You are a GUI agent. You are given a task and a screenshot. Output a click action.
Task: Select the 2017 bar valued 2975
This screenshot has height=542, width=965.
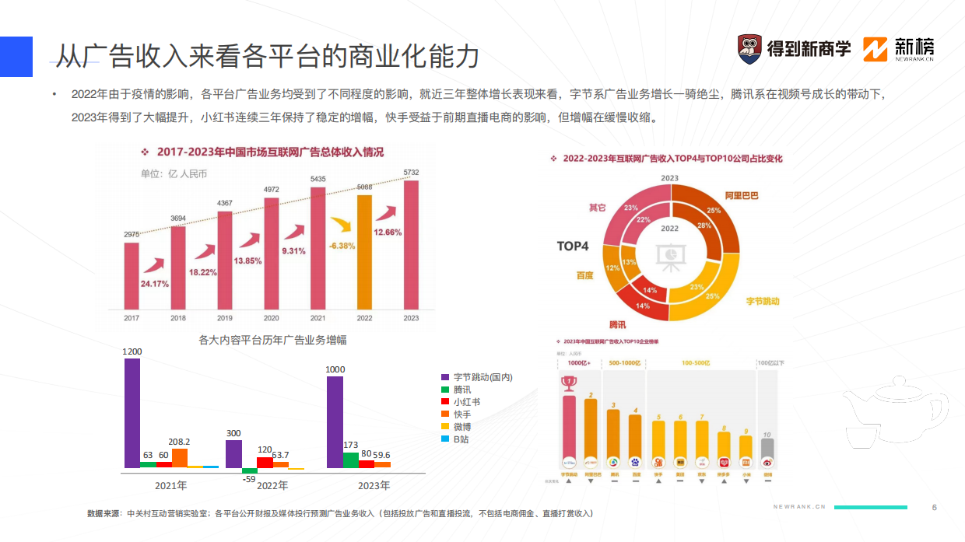tap(132, 275)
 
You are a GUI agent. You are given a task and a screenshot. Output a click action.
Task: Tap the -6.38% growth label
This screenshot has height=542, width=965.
tap(342, 245)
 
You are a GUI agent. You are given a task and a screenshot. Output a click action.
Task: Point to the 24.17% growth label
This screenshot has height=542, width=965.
tap(155, 283)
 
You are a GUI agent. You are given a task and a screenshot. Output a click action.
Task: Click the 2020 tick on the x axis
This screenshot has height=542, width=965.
tap(272, 318)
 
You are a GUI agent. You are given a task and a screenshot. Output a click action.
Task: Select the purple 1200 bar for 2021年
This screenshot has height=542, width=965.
tap(132, 412)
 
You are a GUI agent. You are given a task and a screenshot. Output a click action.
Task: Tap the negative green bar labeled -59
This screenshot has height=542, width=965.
tap(249, 470)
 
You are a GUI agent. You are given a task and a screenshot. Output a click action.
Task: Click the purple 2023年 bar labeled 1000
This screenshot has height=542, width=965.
tap(335, 421)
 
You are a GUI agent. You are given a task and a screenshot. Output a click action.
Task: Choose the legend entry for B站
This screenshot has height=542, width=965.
tap(461, 439)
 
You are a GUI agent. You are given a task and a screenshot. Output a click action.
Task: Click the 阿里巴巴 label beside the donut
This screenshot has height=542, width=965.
tap(741, 196)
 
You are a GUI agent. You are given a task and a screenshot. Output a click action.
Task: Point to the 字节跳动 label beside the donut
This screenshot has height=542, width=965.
tap(763, 301)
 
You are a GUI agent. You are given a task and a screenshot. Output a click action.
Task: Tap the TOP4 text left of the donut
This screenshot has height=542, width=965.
tap(573, 247)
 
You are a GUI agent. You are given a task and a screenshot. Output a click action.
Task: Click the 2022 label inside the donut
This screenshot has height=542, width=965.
tap(669, 229)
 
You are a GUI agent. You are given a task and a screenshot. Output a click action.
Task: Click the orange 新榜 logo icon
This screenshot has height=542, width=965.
tap(876, 49)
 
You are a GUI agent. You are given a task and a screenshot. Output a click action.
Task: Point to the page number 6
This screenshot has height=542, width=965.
tap(934, 507)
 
